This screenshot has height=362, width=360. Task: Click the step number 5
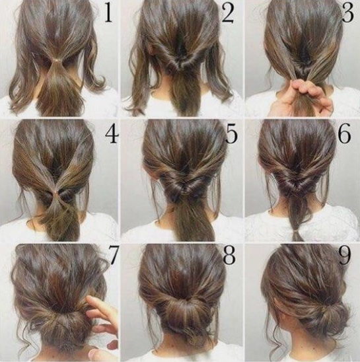231,135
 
